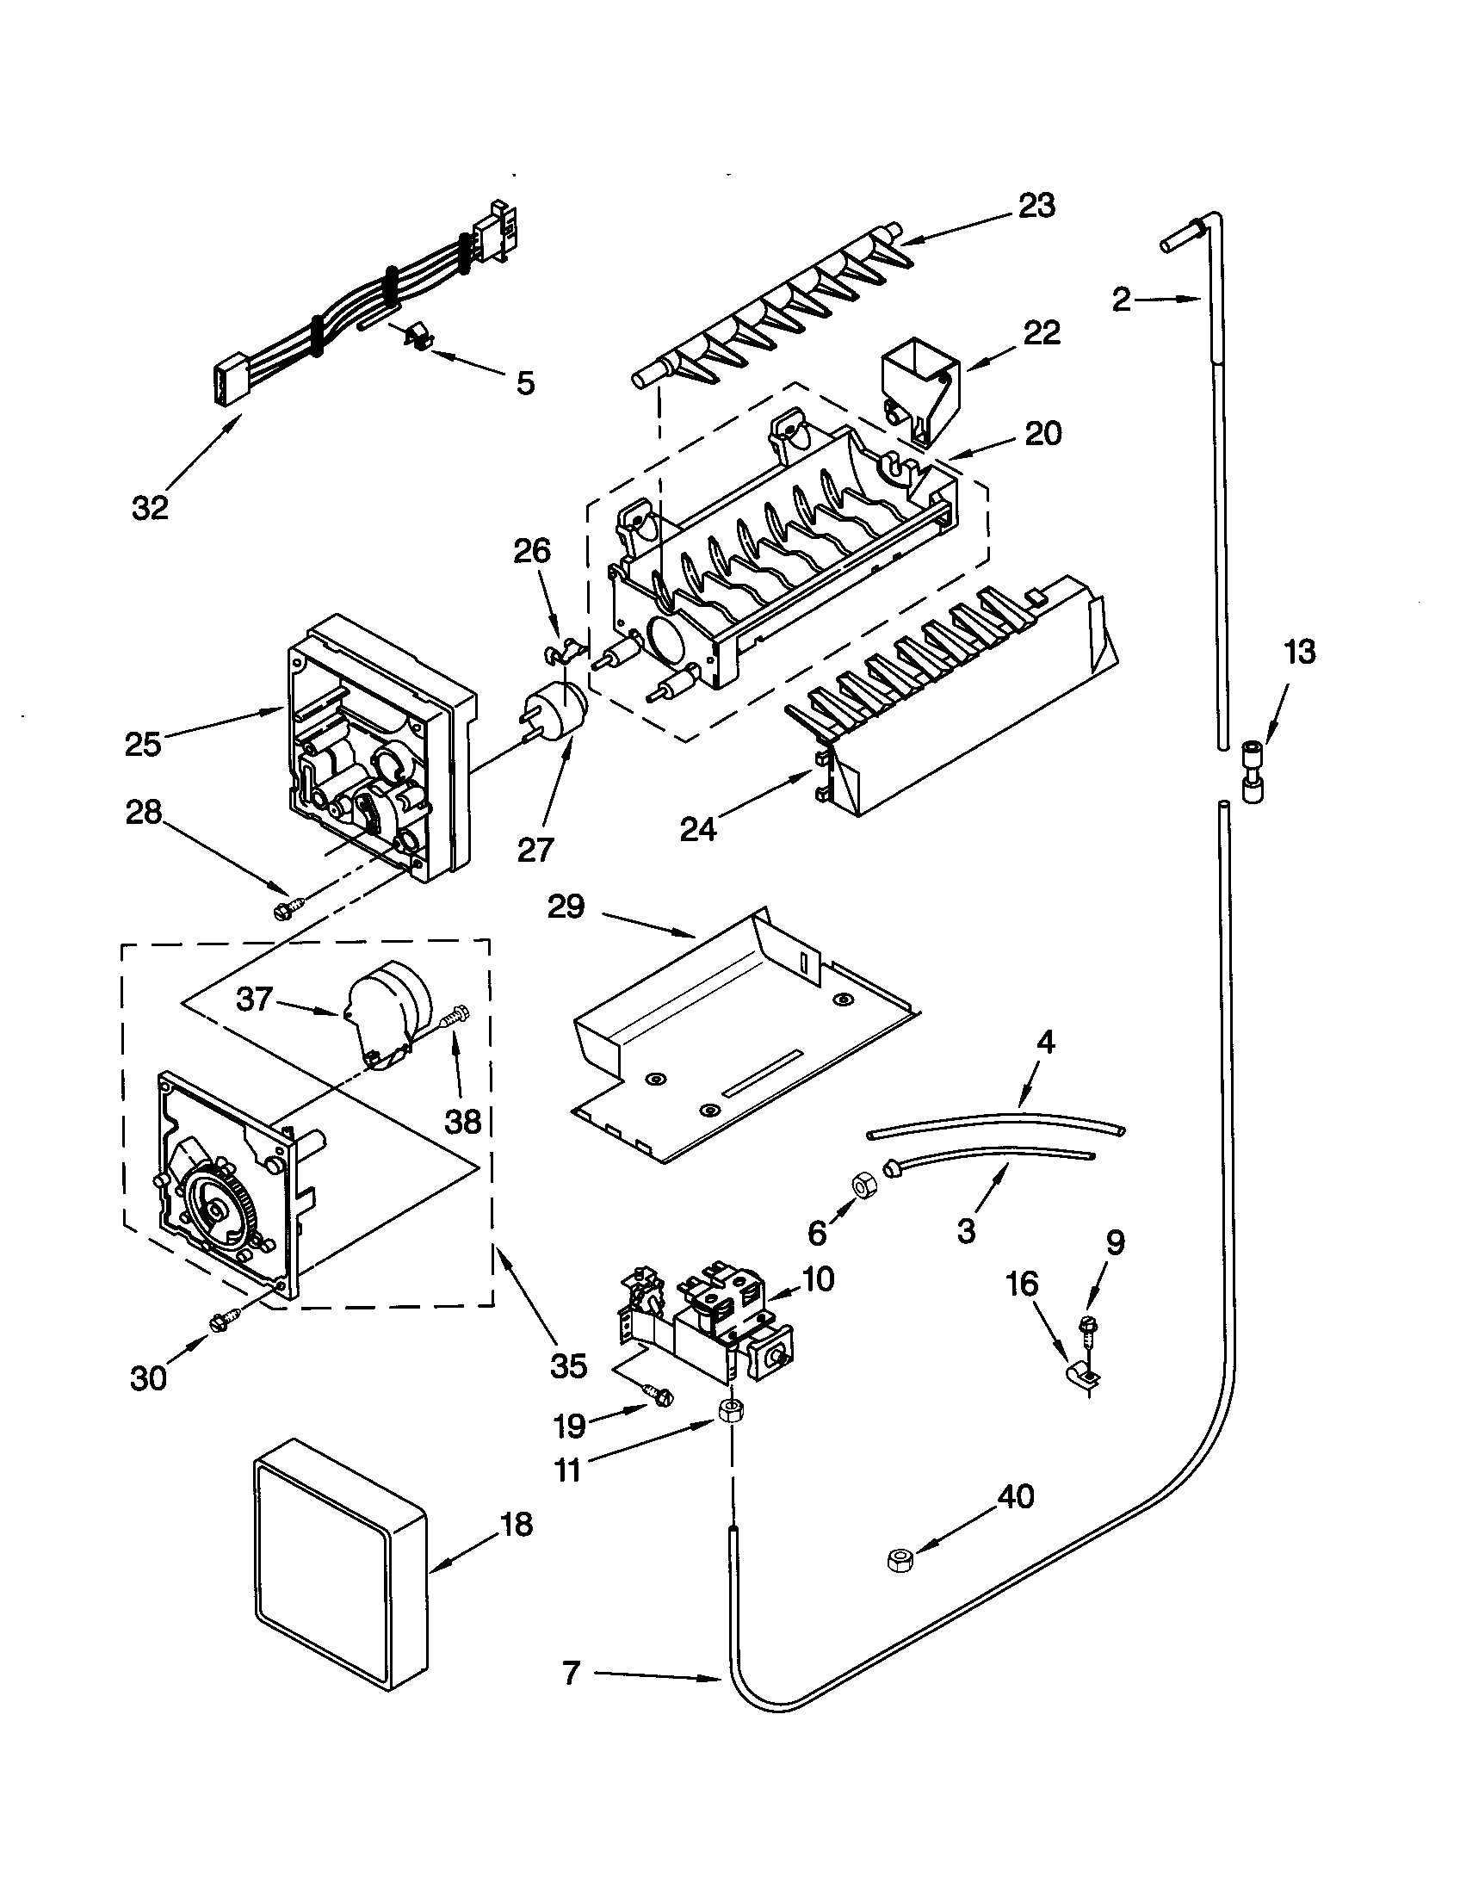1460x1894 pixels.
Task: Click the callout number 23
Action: [x=1037, y=207]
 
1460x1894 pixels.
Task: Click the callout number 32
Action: [x=149, y=507]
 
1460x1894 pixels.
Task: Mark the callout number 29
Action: [x=566, y=907]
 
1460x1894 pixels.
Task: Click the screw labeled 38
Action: [x=455, y=1017]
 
